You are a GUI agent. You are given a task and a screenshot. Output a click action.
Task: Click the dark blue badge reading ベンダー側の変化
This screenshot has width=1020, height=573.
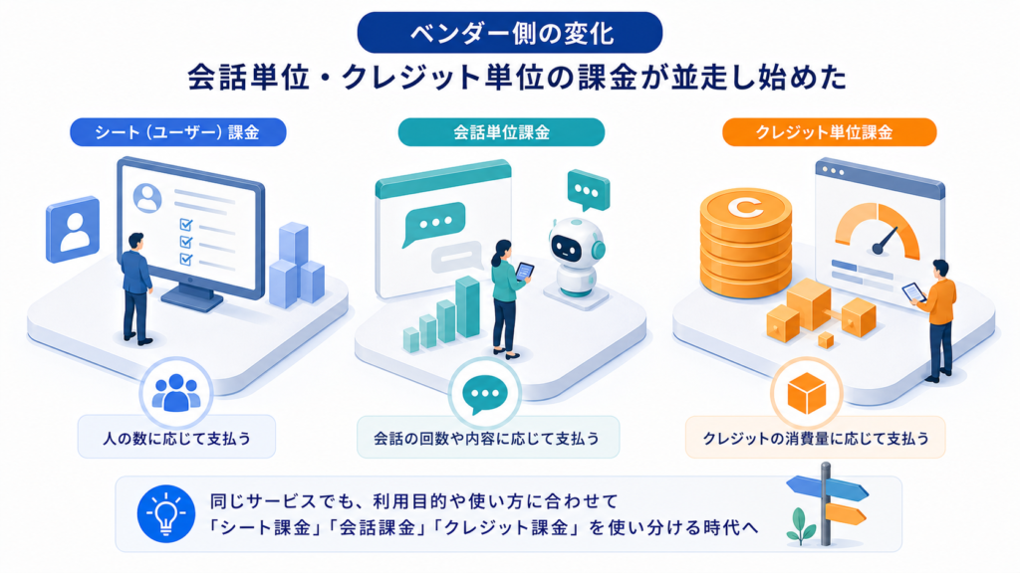(x=509, y=33)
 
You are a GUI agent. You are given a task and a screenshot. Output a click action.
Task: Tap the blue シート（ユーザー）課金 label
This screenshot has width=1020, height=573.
(x=177, y=132)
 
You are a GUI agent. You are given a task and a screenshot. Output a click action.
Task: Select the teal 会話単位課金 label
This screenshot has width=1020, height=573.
(x=501, y=132)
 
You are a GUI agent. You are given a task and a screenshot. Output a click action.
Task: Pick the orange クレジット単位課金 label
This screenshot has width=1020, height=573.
(x=829, y=132)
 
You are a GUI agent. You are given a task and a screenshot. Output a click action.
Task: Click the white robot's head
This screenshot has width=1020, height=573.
(x=577, y=243)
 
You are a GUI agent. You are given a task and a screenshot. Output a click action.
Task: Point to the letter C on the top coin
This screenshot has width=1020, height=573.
(x=745, y=207)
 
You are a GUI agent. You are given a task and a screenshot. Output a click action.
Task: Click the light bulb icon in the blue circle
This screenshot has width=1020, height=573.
(x=166, y=513)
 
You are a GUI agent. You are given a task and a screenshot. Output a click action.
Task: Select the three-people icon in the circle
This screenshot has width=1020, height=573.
(x=175, y=392)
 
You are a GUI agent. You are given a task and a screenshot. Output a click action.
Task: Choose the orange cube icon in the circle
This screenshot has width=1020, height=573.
(x=807, y=393)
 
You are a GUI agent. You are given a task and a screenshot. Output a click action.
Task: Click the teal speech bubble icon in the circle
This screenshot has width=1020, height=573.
(x=485, y=394)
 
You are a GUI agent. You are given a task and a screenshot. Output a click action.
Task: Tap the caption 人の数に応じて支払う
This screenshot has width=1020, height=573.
(x=176, y=439)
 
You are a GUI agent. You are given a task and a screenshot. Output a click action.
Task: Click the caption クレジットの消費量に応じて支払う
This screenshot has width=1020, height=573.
(x=816, y=439)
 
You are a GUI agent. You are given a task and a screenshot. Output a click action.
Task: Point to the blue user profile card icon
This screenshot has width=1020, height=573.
(x=73, y=230)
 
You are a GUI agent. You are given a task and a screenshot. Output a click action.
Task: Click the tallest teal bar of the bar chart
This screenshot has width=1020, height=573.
(x=467, y=306)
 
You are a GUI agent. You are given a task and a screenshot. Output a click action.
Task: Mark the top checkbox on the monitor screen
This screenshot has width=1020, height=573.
(x=186, y=225)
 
